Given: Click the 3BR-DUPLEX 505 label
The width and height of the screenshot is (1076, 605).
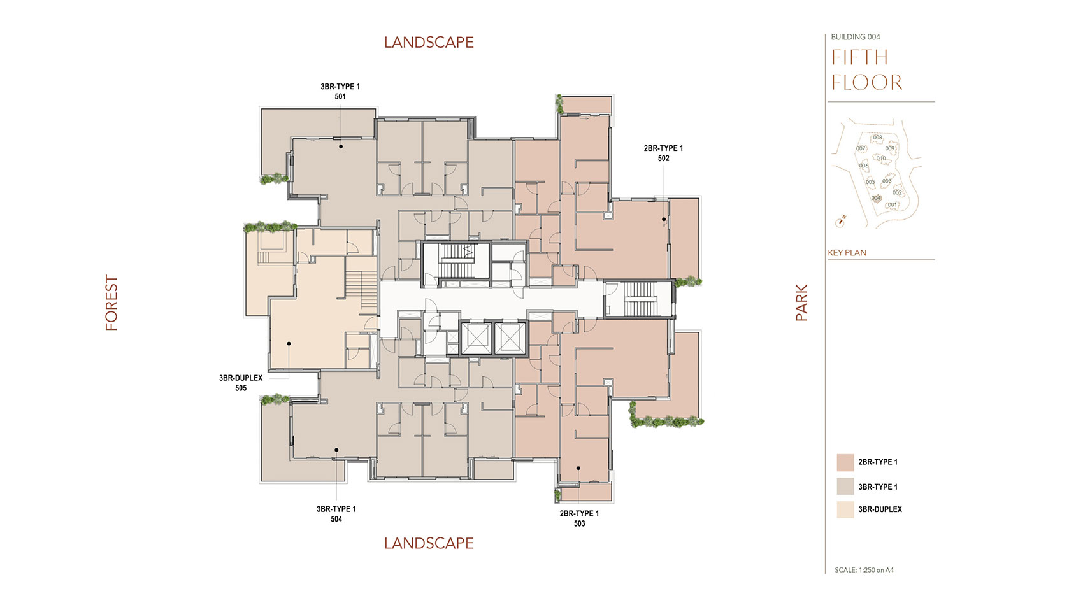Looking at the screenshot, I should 241,383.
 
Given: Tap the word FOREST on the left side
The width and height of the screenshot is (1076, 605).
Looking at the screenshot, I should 112,302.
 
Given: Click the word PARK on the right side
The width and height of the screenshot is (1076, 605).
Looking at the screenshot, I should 801,302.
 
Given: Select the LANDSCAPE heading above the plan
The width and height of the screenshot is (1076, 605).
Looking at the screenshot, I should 429,43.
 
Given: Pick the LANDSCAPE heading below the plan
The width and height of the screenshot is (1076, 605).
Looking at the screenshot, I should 429,543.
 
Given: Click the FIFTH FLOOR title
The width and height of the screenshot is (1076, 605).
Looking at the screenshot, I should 866,70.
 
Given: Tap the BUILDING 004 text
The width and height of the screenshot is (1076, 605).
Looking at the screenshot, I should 855,37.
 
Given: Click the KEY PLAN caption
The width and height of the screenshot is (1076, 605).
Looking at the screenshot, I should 847,253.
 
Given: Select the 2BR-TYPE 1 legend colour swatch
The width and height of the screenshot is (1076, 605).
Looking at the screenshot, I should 845,462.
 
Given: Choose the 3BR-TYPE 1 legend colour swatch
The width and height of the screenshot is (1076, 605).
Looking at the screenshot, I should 845,487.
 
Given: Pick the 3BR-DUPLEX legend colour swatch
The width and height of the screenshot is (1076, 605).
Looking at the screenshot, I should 845,509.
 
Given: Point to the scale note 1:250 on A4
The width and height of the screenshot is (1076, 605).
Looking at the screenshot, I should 864,570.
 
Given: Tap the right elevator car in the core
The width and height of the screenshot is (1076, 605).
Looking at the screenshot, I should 510,338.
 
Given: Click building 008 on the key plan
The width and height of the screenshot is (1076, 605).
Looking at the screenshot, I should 877,138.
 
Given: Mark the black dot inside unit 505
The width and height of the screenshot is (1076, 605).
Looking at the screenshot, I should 289,344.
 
